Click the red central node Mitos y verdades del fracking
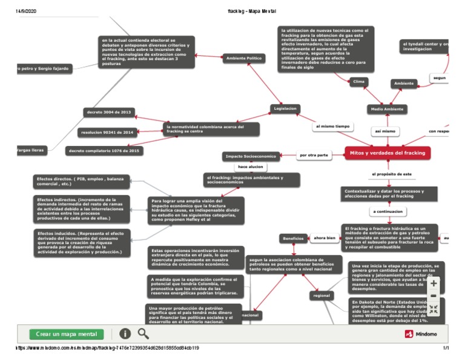coord(387,153)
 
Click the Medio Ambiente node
coord(386,109)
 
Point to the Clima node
coord(359,81)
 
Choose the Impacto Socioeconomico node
coord(251,156)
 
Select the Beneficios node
coord(294,238)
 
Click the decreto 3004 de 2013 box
coord(109,112)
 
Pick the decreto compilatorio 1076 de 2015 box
coord(104,150)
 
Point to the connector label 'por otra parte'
coord(314,155)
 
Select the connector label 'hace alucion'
coord(251,166)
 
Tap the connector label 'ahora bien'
coord(323,238)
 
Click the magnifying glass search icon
coord(143,333)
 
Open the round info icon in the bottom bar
coord(125,333)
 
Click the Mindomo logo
coord(426,334)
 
